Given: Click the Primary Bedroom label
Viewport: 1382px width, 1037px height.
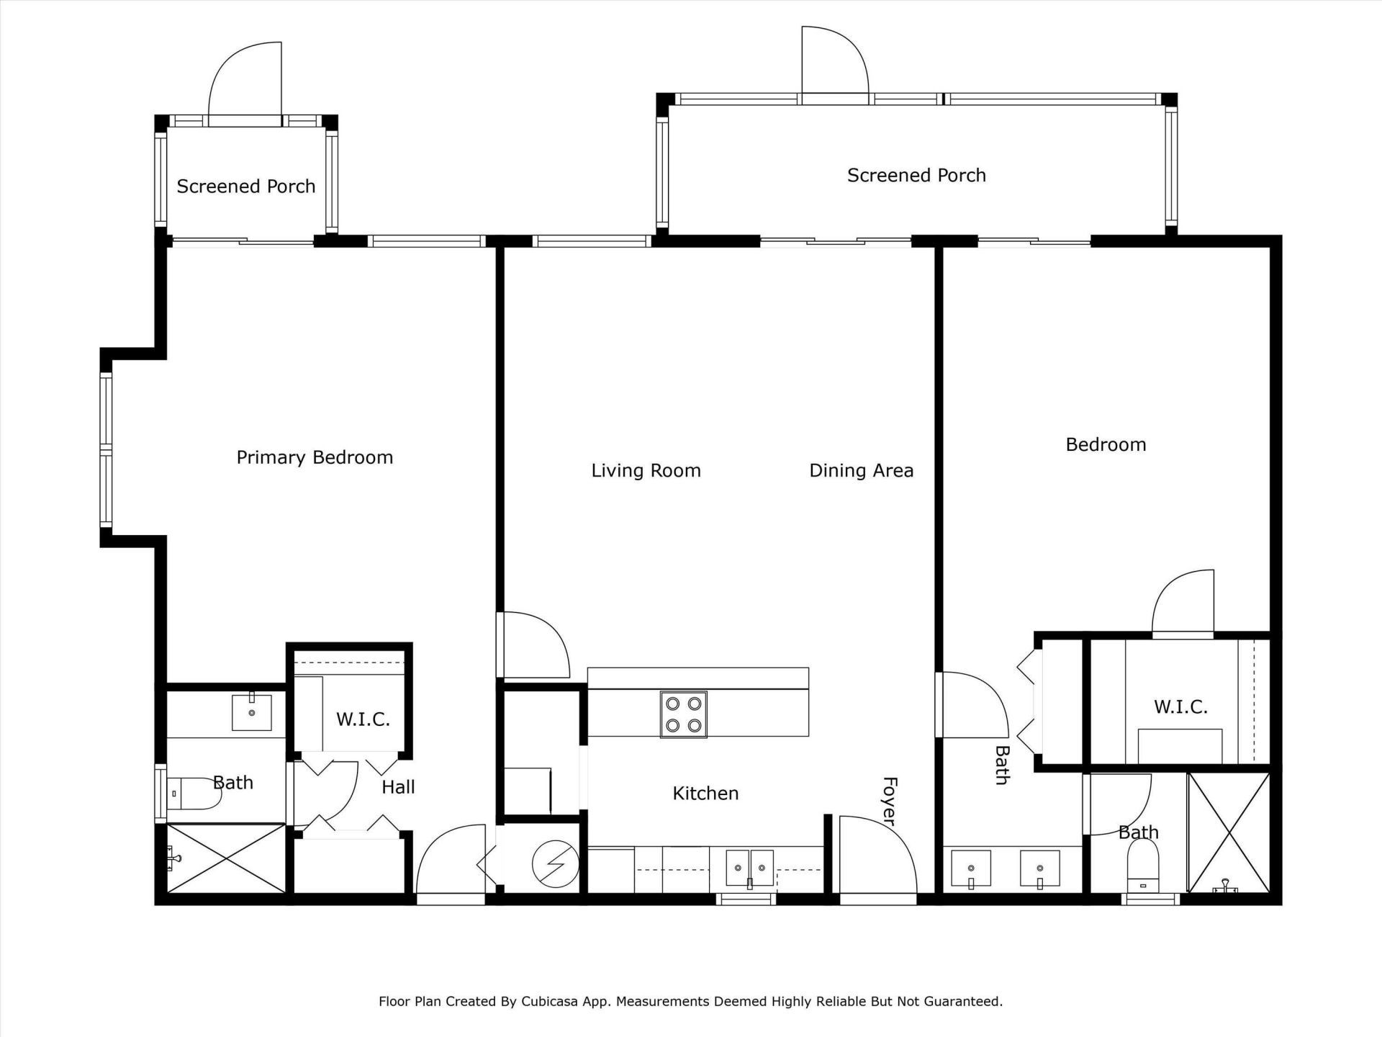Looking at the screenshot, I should coord(315,457).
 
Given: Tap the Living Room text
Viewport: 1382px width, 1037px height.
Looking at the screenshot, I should coord(646,470).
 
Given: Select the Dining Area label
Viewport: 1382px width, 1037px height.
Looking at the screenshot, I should coord(861,470).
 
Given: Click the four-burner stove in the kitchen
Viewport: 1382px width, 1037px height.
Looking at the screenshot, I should coord(683,714).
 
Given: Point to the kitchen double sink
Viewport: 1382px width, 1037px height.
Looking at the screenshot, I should coord(749,867).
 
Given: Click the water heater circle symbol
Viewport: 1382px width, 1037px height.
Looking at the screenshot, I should coord(555,864).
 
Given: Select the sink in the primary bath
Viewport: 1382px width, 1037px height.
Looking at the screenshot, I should coord(251,712).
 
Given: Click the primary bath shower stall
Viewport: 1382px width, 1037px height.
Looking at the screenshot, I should coord(226,858).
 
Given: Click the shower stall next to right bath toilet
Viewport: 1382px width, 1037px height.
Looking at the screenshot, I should coord(1228,832).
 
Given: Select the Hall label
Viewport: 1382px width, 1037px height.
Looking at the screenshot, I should coord(398,787).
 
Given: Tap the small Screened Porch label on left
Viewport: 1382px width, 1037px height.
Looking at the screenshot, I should coord(246,187).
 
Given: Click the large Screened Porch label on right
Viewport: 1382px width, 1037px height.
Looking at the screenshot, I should coord(916,175).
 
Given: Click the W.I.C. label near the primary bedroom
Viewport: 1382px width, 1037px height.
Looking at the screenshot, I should coord(363,719).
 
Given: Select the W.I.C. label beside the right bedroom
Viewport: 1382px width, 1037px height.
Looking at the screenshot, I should coord(1180,706).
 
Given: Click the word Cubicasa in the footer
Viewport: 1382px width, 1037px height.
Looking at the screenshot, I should coord(551,1001).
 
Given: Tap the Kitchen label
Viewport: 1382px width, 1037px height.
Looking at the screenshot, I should coord(705,793).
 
